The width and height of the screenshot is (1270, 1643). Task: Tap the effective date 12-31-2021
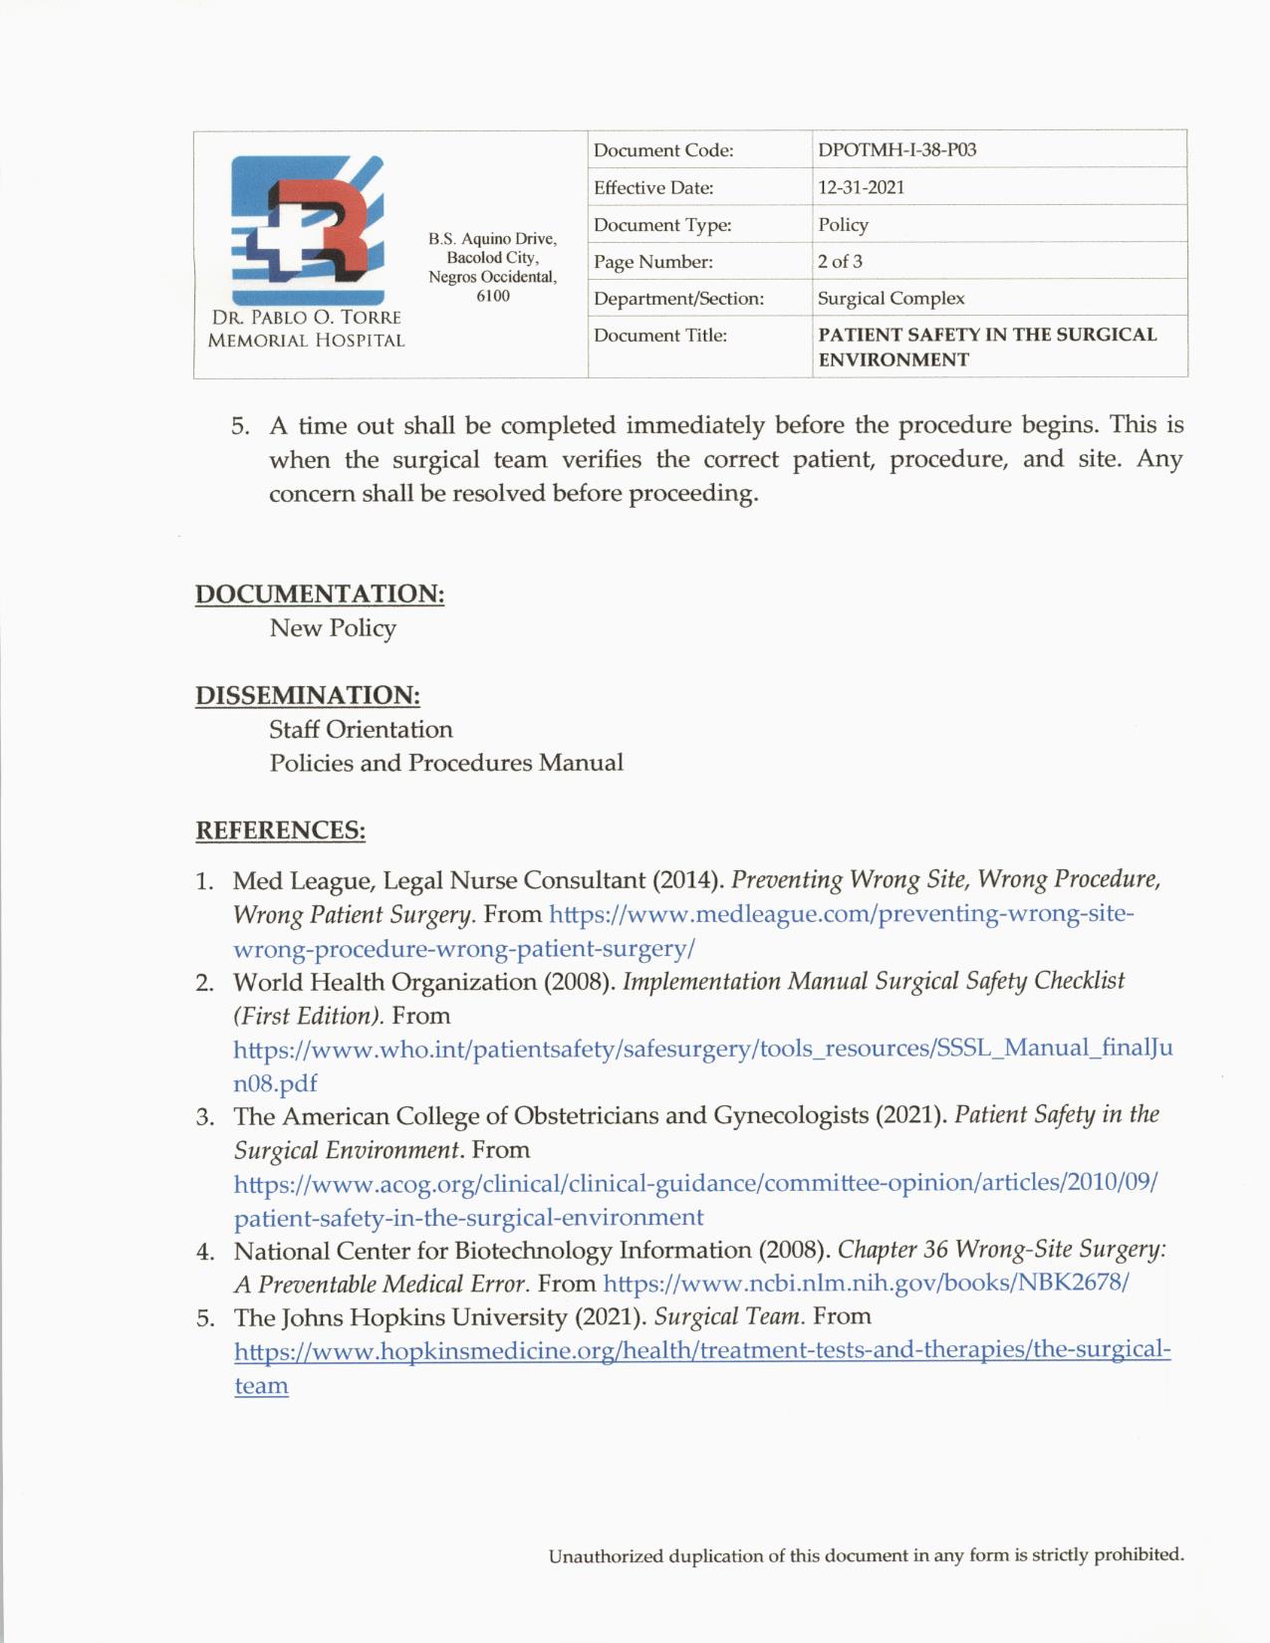pyautogui.click(x=861, y=187)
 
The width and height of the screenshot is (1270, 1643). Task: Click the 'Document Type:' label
pyautogui.click(x=662, y=225)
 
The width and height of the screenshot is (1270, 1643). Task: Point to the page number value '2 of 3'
pyautogui.click(x=840, y=262)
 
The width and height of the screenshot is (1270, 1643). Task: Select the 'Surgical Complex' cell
pyautogui.click(x=890, y=299)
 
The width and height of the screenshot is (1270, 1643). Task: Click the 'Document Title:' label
pyautogui.click(x=660, y=336)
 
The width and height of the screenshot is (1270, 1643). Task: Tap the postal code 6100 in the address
pyautogui.click(x=492, y=296)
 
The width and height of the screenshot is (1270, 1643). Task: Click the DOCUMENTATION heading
pyautogui.click(x=319, y=593)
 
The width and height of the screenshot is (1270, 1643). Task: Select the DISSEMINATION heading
pyautogui.click(x=307, y=695)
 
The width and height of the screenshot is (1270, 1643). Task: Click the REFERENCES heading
pyautogui.click(x=280, y=830)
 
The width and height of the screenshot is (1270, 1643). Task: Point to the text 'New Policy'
pyautogui.click(x=333, y=628)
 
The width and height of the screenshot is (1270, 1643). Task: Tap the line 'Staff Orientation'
pyautogui.click(x=361, y=730)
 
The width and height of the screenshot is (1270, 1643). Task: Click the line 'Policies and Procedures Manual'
pyautogui.click(x=446, y=764)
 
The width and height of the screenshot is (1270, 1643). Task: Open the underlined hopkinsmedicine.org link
pyautogui.click(x=701, y=1351)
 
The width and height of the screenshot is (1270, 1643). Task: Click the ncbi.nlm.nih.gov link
pyautogui.click(x=866, y=1284)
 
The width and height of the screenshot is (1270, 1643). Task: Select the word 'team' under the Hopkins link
pyautogui.click(x=261, y=1386)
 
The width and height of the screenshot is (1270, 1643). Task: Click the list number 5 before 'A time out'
pyautogui.click(x=239, y=426)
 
